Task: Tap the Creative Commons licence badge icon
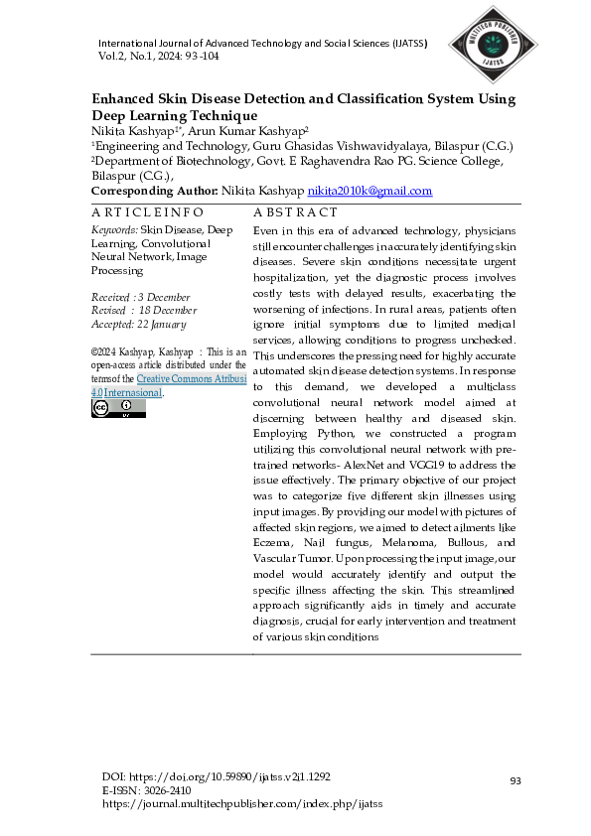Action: [x=118, y=408]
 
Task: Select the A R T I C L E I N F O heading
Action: [x=147, y=212]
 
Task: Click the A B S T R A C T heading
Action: [x=267, y=212]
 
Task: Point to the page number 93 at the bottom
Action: [x=515, y=781]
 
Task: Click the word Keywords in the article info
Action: [x=114, y=229]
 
